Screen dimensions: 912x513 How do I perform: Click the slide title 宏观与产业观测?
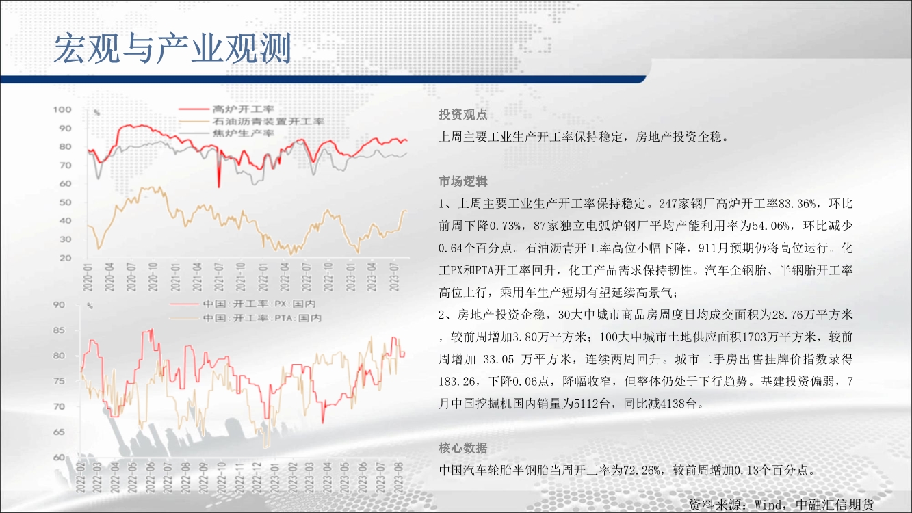coord(172,49)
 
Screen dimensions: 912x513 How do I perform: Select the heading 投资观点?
coord(463,115)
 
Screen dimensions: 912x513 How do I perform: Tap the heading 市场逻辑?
coord(463,181)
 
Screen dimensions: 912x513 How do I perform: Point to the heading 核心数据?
coord(463,448)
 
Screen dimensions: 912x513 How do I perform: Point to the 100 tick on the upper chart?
coord(62,109)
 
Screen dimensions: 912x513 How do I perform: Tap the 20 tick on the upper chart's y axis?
coord(66,258)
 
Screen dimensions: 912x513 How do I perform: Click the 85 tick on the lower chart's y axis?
coord(59,330)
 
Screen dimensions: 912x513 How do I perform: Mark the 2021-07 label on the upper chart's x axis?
coord(219,277)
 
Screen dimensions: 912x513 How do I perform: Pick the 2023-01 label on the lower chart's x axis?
coord(275,477)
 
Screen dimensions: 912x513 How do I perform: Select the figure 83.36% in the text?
coord(797,204)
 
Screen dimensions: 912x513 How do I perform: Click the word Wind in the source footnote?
coord(768,505)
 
